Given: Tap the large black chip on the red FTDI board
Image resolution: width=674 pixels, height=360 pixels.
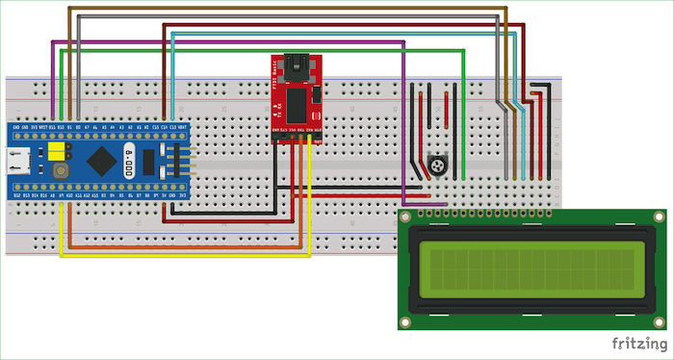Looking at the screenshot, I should click(298, 100).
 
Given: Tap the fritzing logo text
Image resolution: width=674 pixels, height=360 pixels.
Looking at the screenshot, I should click(638, 344).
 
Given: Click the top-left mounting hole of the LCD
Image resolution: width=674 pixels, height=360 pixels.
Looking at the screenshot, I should click(408, 218).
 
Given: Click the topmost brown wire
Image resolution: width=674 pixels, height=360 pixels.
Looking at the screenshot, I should click(289, 8).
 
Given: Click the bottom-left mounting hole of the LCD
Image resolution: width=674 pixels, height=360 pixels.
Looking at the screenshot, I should click(408, 321).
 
